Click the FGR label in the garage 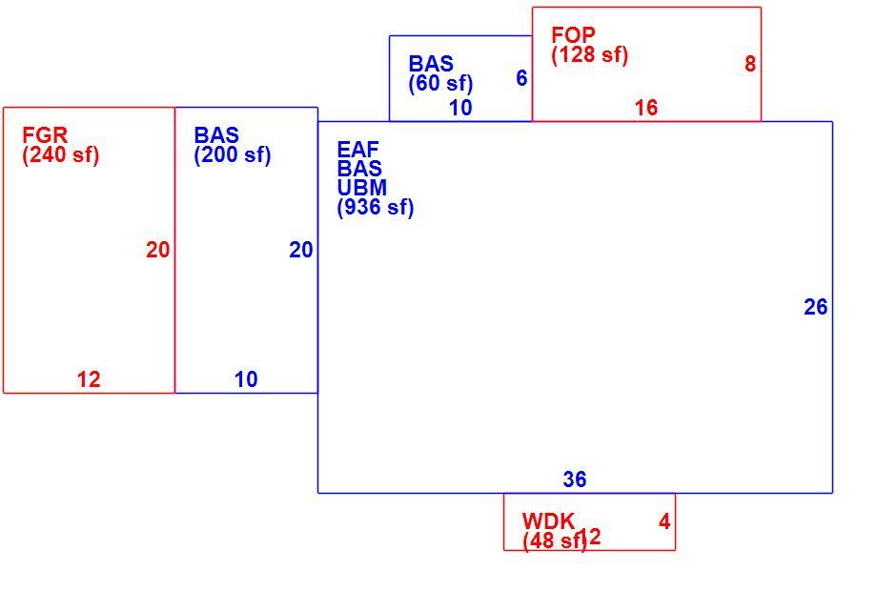45,135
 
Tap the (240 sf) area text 61,154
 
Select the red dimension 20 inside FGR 157,250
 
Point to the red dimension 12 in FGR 89,379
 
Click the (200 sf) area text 233,154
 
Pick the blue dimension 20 301,250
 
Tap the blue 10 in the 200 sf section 246,379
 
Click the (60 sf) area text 440,83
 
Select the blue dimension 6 521,78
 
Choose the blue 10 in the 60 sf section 460,108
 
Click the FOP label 573,35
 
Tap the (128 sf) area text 590,54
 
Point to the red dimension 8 750,64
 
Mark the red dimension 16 646,108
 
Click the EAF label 358,150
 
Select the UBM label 362,187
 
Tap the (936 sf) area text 376,208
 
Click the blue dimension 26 815,307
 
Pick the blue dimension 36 575,479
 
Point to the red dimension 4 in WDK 664,521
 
